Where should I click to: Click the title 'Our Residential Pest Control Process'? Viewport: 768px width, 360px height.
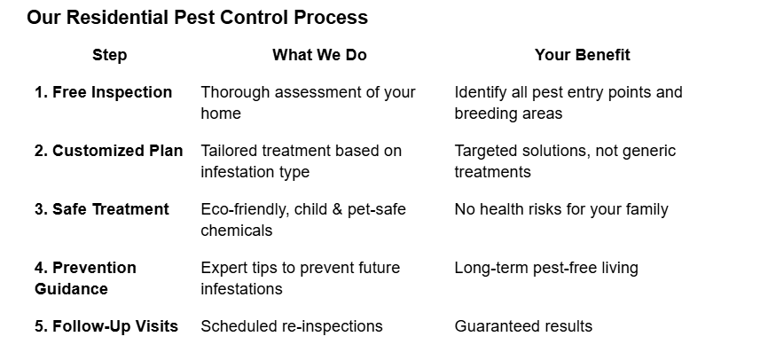197,18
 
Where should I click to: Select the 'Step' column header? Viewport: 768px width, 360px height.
109,55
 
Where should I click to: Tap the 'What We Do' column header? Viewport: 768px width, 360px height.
319,55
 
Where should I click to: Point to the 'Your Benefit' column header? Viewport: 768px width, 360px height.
582,55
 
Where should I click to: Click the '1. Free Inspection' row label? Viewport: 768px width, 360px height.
103,92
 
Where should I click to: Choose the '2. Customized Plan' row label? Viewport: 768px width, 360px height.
108,151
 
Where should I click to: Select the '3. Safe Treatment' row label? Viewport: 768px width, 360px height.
101,209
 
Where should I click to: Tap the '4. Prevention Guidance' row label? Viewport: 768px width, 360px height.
85,278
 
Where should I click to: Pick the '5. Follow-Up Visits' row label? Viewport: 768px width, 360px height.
106,326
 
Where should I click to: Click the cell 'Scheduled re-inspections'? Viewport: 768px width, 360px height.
292,326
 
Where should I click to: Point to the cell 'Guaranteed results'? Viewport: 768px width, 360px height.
523,326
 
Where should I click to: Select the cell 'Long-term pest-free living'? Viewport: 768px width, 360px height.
546,268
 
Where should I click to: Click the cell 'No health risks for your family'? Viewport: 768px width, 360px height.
561,209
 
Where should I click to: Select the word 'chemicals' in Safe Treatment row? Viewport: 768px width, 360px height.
237,231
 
